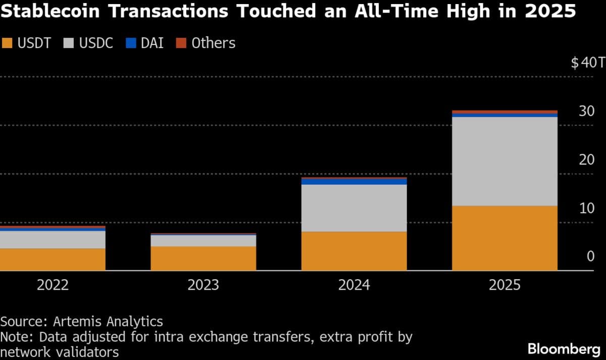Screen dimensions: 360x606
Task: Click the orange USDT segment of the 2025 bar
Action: (x=504, y=238)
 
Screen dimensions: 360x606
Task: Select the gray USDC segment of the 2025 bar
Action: (x=504, y=161)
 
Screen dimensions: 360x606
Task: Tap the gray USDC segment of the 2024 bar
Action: (x=354, y=208)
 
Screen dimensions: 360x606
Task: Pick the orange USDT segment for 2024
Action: (x=354, y=251)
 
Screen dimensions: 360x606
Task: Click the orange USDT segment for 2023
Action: (x=204, y=258)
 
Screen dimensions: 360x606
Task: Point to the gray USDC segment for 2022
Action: (x=53, y=240)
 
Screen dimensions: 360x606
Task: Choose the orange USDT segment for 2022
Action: (x=53, y=259)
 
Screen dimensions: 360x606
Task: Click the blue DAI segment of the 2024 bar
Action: (x=354, y=182)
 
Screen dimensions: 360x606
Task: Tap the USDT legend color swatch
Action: (x=7, y=43)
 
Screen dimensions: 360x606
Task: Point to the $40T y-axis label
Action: (x=587, y=63)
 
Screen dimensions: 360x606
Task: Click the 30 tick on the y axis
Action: (x=586, y=112)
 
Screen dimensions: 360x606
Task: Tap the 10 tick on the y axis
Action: (x=586, y=209)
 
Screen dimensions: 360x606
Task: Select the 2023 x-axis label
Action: (x=204, y=285)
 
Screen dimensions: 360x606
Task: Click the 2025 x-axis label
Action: (x=504, y=285)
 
